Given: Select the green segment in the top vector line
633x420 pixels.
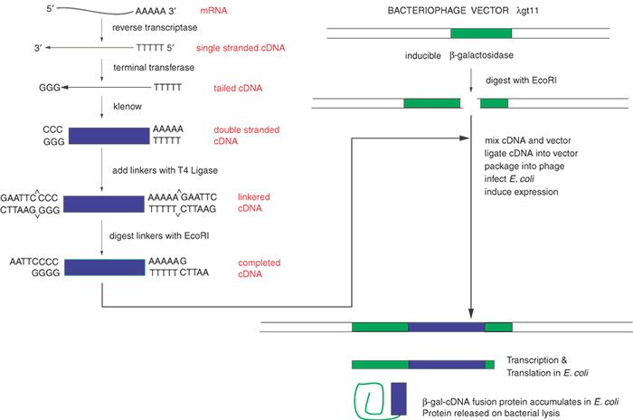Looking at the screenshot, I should tap(480, 33).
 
